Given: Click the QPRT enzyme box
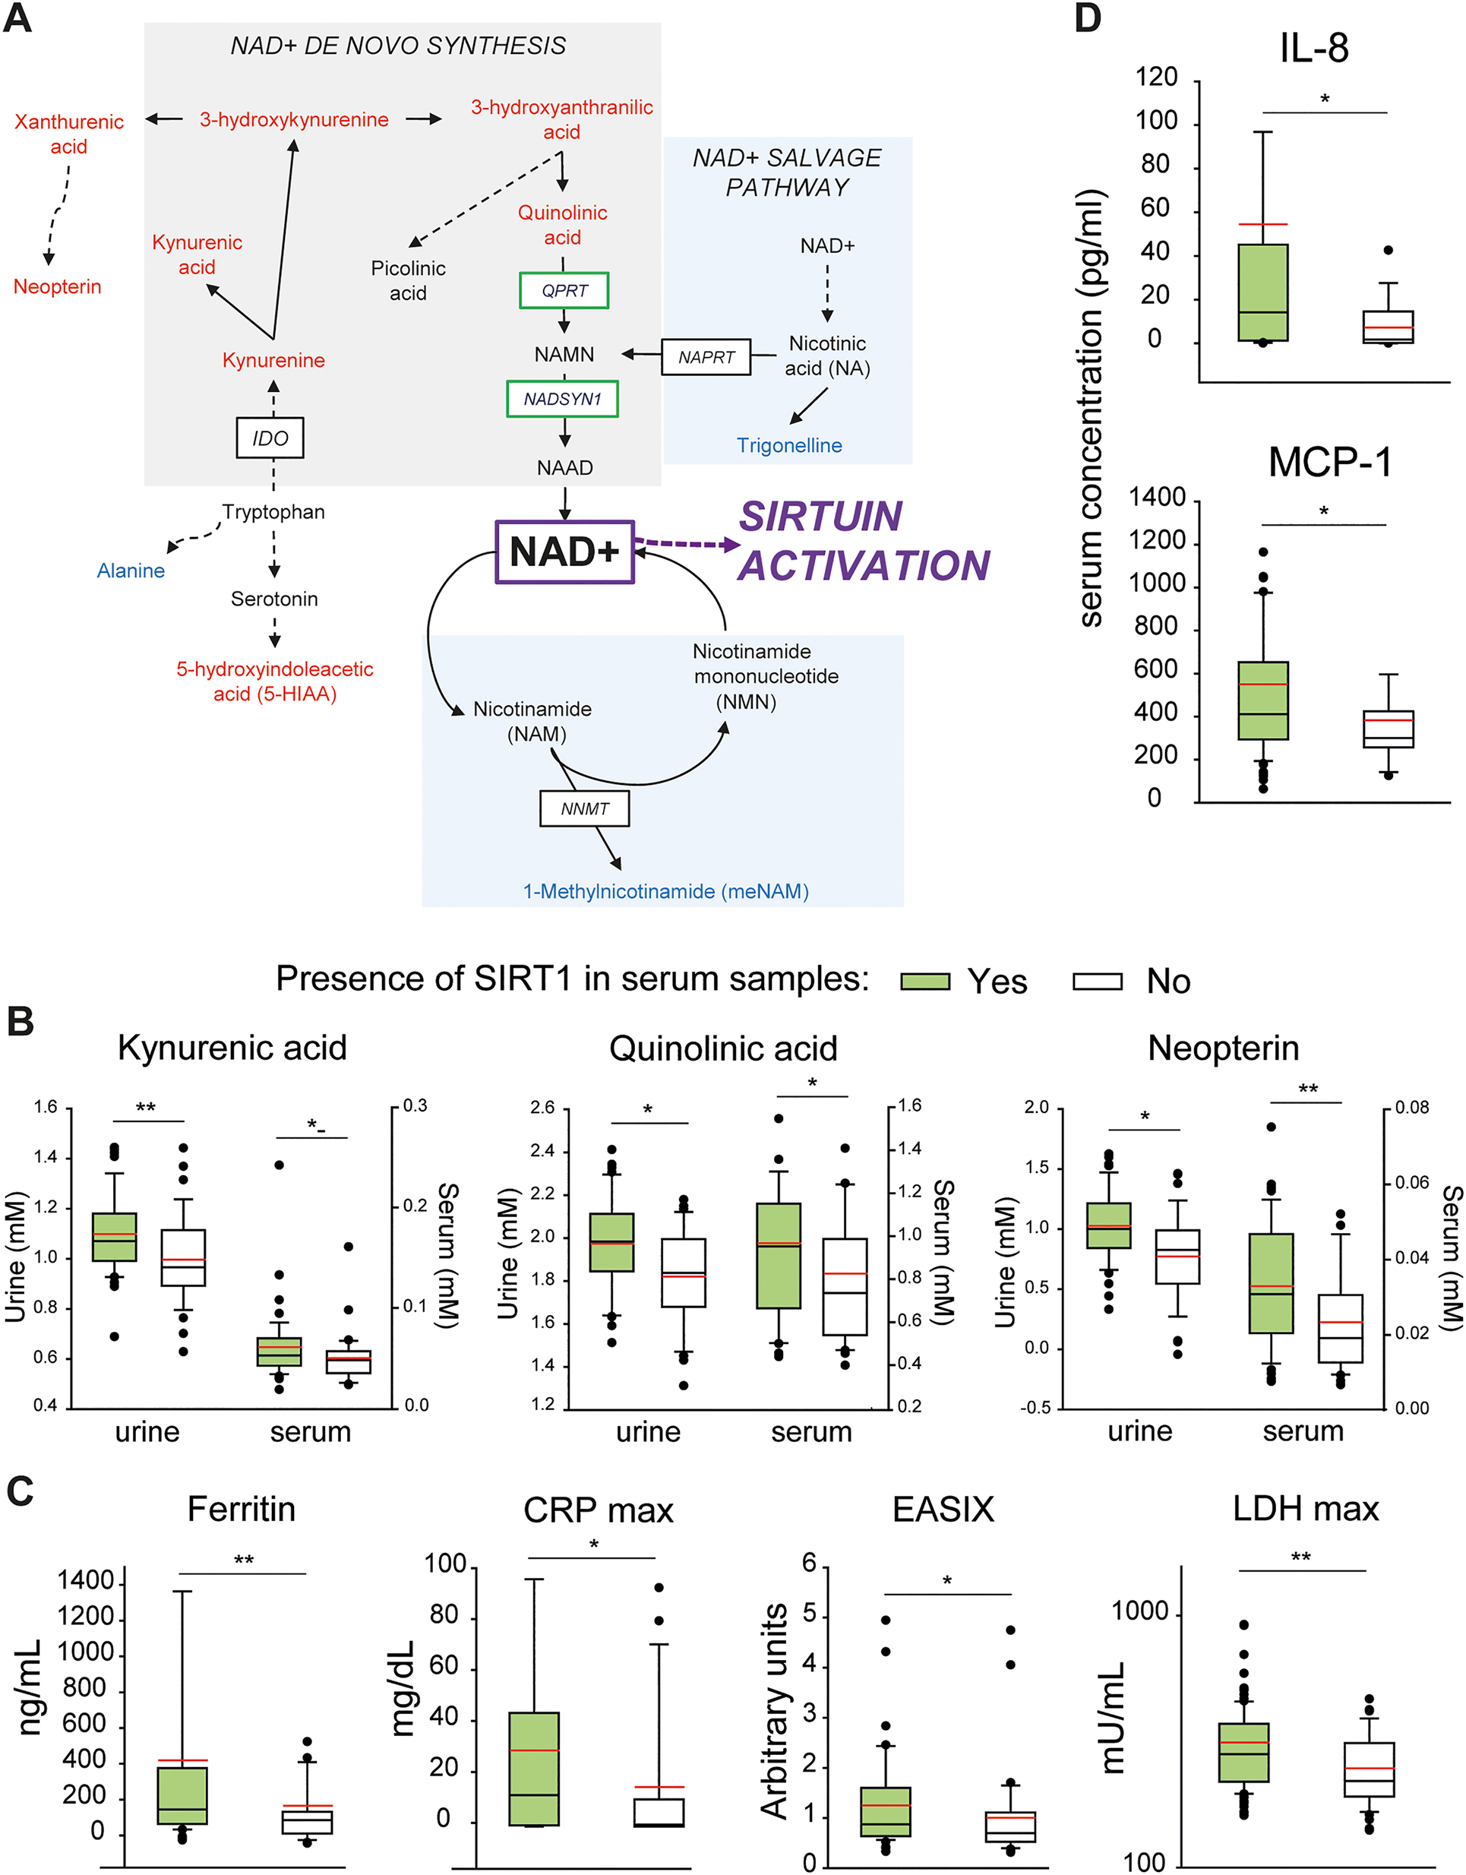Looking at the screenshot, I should tap(564, 290).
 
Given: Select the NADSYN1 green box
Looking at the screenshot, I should tap(562, 399).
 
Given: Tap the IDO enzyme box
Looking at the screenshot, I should tap(270, 438).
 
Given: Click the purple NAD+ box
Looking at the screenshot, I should tap(564, 552).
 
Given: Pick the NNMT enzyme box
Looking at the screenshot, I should tap(585, 808).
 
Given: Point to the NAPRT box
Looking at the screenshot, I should tap(706, 357).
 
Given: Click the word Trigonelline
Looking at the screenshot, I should tap(788, 445).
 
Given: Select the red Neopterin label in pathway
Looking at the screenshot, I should tap(58, 286).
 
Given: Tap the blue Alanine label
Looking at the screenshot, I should tap(131, 571).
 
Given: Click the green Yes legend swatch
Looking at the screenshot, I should tap(925, 982).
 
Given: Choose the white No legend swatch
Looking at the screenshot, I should tap(1097, 982).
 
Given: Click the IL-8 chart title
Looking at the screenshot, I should tap(1313, 47).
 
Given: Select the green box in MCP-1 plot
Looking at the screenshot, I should tap(1262, 700).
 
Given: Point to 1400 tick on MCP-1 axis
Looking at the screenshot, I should tap(1156, 497).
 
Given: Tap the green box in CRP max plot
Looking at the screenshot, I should tap(533, 1769).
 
